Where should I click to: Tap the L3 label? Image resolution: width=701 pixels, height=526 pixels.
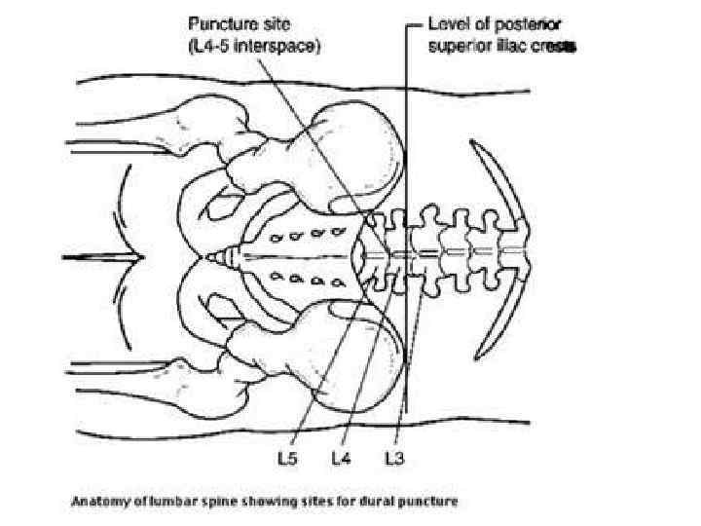[x=394, y=455]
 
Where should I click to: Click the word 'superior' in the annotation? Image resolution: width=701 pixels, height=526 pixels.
[x=459, y=44]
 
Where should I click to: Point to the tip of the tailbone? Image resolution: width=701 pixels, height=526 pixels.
[x=211, y=257]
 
